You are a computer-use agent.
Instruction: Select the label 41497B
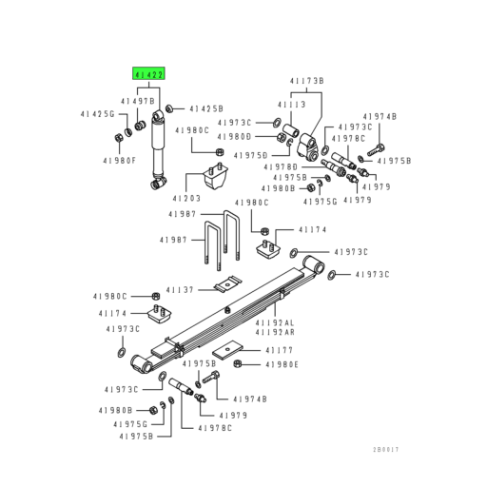[x=137, y=100]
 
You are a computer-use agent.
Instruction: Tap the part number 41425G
[x=96, y=115]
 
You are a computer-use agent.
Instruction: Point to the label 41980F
[x=119, y=161]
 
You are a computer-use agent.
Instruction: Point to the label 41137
[x=180, y=290]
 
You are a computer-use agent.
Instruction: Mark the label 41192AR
[x=300, y=332]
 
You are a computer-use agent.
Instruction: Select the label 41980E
[x=282, y=363]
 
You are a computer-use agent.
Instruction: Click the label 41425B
[x=205, y=109]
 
